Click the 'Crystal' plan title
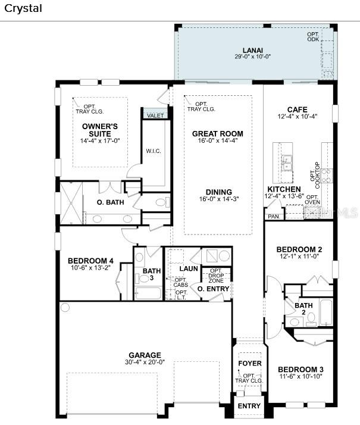[23, 8]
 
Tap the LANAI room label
[253, 51]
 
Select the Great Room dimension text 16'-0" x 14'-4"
[218, 140]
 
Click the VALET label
[155, 115]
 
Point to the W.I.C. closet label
[154, 151]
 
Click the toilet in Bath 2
[312, 318]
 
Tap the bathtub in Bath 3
[148, 293]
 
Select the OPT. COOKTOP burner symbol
[327, 176]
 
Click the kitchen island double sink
[287, 162]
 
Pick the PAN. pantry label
[274, 217]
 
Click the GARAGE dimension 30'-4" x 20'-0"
[145, 362]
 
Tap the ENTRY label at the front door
[249, 406]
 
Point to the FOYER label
[250, 363]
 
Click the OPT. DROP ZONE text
[216, 276]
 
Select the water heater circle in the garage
[65, 307]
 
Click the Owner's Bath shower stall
[71, 203]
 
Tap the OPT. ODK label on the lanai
[313, 37]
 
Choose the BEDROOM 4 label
[90, 261]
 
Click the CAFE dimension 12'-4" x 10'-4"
[298, 116]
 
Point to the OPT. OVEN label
[312, 199]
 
